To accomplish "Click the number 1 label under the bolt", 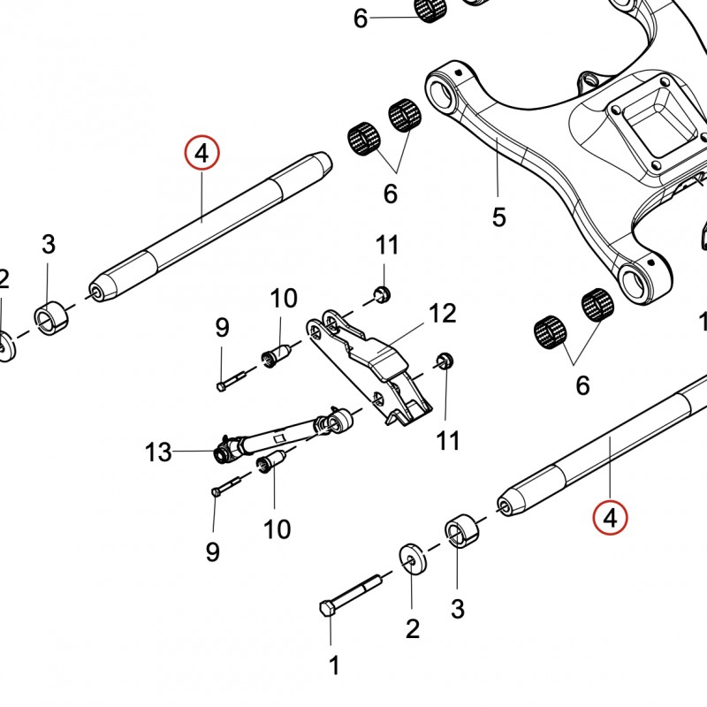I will click(x=334, y=665).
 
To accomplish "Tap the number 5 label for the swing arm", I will click(x=499, y=217).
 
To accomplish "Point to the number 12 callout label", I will click(x=442, y=313).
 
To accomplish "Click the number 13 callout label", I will click(x=158, y=453).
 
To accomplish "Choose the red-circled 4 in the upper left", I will click(x=201, y=154).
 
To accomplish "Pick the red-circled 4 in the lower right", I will click(x=610, y=518).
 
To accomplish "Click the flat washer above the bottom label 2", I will click(x=411, y=559).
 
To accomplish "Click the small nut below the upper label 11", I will click(x=382, y=293).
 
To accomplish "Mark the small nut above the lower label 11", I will click(x=445, y=360).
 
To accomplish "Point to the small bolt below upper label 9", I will click(x=229, y=381).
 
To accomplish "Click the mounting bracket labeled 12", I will click(x=371, y=362).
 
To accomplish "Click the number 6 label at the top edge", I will click(x=360, y=18).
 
